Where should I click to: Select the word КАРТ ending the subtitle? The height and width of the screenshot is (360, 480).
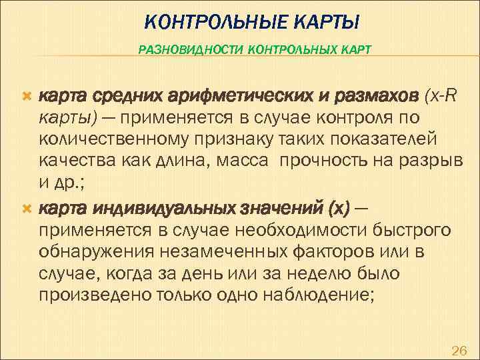357,49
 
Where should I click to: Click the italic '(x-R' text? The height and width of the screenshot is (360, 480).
441,97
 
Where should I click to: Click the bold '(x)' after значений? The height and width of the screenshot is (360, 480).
336,210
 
